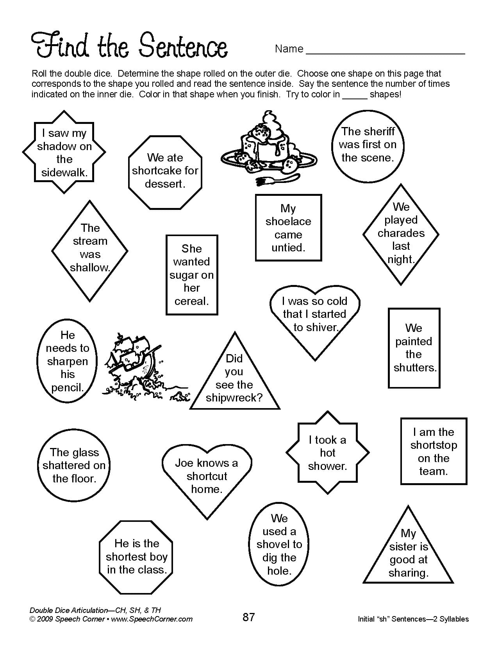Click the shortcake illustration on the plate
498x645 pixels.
(x=266, y=145)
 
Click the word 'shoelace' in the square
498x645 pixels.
(x=288, y=221)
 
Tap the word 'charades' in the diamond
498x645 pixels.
(x=401, y=233)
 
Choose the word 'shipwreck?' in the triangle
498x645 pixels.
(x=234, y=398)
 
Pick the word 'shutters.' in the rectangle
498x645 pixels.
(x=415, y=367)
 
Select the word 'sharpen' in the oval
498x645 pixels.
(x=68, y=361)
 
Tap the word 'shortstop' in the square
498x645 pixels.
(x=434, y=445)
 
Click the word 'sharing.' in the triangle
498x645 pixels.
(x=409, y=573)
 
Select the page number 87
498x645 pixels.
(x=248, y=617)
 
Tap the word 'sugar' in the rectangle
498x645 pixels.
(x=183, y=275)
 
